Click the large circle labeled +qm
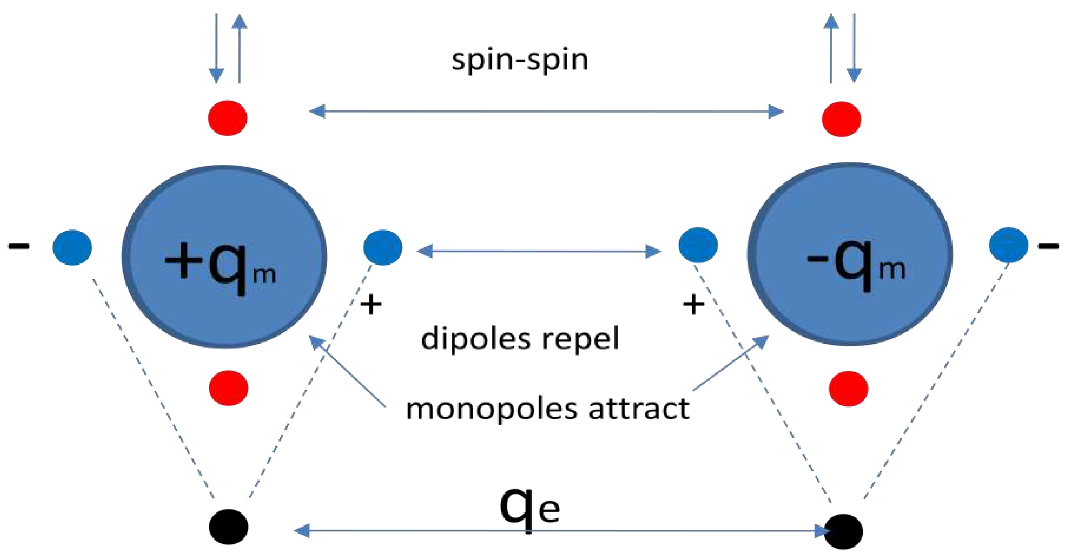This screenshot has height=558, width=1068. coord(224,257)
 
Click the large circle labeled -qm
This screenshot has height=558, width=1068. coord(850,254)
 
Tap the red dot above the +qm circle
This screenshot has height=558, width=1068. coord(228,118)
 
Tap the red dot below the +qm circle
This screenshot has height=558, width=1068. coord(229,388)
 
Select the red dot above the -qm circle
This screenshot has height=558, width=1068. coord(841,119)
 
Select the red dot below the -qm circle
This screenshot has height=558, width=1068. coord(848,388)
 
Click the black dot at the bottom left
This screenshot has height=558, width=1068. coord(229,527)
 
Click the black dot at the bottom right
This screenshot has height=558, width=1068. coord(843,531)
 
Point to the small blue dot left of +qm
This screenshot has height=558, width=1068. coord(72,247)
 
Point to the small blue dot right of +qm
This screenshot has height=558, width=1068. coord(383,247)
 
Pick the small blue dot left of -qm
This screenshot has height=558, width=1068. coord(698,245)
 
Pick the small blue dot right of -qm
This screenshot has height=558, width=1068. coord(1008,245)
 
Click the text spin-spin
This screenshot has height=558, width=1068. coord(520,60)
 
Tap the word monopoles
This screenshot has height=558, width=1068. coord(492,409)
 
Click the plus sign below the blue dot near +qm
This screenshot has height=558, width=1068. coord(371,305)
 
